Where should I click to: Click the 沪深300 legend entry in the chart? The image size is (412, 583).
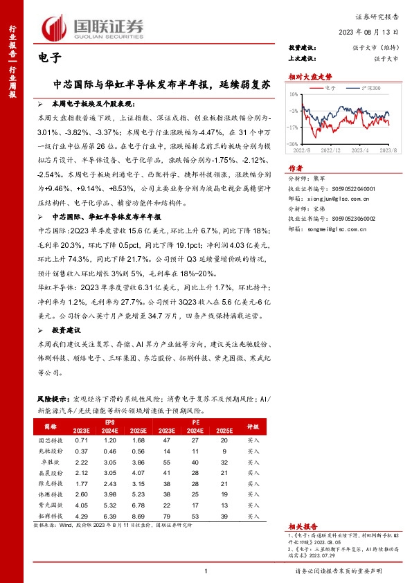coord(371,89)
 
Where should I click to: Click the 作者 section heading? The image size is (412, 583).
coord(296,168)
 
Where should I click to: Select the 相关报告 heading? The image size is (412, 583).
coord(301,526)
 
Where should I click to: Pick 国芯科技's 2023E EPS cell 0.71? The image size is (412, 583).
coord(82,440)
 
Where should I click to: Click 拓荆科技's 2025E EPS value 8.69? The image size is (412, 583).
coord(138,517)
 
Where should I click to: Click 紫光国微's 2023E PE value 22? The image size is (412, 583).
coord(168,505)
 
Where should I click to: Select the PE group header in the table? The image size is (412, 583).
coord(197,421)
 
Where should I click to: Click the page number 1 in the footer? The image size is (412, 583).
coord(206,571)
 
